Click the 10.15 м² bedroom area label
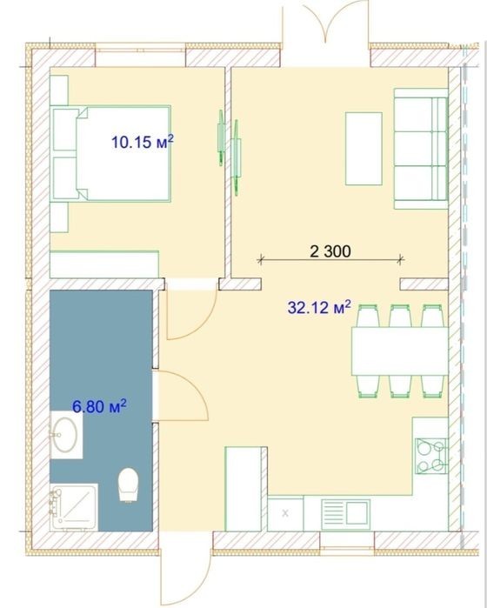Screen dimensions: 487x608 click(x=143, y=142)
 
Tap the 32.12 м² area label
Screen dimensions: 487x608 click(x=319, y=307)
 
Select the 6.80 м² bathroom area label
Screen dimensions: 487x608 click(x=100, y=406)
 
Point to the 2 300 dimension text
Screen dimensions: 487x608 click(x=330, y=251)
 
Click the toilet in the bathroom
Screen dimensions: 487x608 click(x=128, y=484)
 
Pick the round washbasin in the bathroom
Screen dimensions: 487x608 click(x=65, y=435)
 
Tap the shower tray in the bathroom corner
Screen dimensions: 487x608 click(x=74, y=508)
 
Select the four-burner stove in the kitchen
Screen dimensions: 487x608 click(x=431, y=456)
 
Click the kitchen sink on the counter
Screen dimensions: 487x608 click(x=345, y=514)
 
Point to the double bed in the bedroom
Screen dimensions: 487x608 click(x=110, y=153)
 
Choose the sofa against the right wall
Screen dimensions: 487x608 click(x=421, y=149)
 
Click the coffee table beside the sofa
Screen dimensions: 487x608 click(x=364, y=149)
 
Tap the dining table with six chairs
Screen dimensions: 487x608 click(x=400, y=351)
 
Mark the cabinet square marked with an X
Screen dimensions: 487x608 click(x=285, y=513)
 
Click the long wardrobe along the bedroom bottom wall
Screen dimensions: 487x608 click(x=104, y=264)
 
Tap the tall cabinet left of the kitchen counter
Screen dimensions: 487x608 click(x=246, y=489)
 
